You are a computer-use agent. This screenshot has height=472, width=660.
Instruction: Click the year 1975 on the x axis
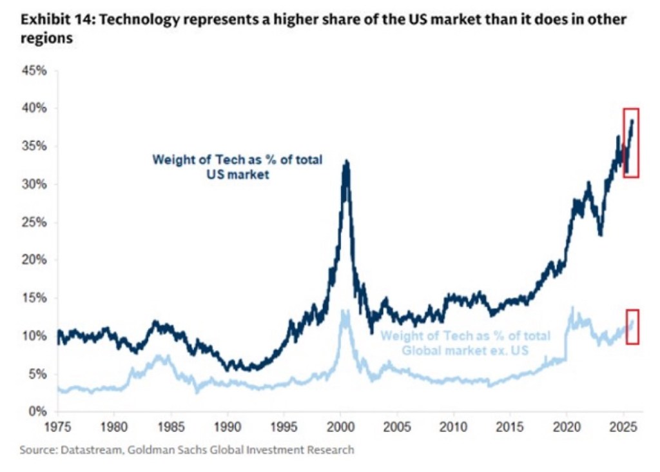coord(57,426)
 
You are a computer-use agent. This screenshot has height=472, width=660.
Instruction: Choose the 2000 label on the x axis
coord(340,426)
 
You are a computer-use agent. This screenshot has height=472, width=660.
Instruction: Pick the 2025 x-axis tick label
coord(623,426)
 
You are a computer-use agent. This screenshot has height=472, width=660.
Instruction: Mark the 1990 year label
coord(227,426)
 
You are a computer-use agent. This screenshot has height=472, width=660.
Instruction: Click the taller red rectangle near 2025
coord(630,143)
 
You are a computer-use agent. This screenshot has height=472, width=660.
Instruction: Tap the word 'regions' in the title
coord(46,39)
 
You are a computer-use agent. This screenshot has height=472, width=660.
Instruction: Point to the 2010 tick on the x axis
coord(453,426)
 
